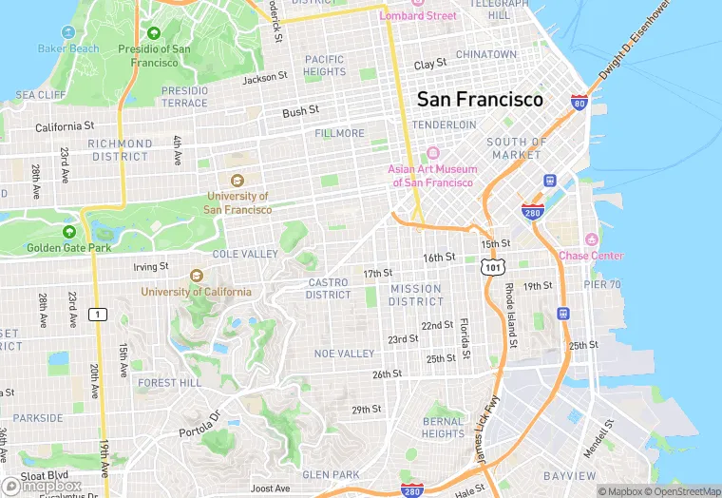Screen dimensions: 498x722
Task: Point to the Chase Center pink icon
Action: (592, 239)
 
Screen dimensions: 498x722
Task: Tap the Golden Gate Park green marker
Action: (69, 232)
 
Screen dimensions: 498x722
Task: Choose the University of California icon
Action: (197, 276)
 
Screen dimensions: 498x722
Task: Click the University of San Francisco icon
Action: (237, 181)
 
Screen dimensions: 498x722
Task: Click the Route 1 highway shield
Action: (97, 314)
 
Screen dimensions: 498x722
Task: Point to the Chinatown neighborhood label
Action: (485, 55)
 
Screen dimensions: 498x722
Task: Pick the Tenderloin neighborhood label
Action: (444, 124)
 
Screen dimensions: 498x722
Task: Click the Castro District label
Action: (329, 289)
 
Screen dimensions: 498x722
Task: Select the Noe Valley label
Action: (345, 354)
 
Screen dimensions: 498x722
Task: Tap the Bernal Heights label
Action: (443, 428)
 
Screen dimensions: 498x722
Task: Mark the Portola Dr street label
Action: (200, 425)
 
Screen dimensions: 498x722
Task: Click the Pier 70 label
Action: (601, 284)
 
